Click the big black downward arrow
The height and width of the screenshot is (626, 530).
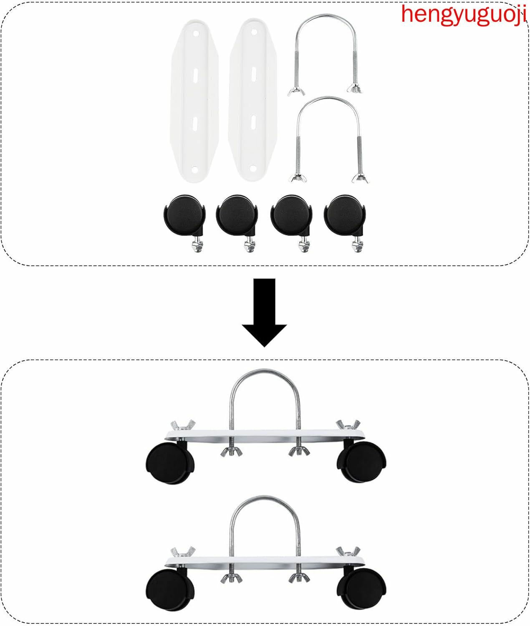click(x=264, y=313)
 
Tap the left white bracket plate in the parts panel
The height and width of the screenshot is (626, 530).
click(x=194, y=101)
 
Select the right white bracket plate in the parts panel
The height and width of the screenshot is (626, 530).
click(x=253, y=100)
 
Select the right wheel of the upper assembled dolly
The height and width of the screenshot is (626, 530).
click(x=362, y=462)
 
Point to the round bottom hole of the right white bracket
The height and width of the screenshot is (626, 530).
click(x=252, y=167)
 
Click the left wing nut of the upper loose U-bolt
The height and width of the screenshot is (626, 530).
click(x=296, y=91)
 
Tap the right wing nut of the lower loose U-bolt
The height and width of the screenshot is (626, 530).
click(x=360, y=178)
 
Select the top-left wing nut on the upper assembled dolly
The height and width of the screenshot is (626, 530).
click(x=183, y=424)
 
